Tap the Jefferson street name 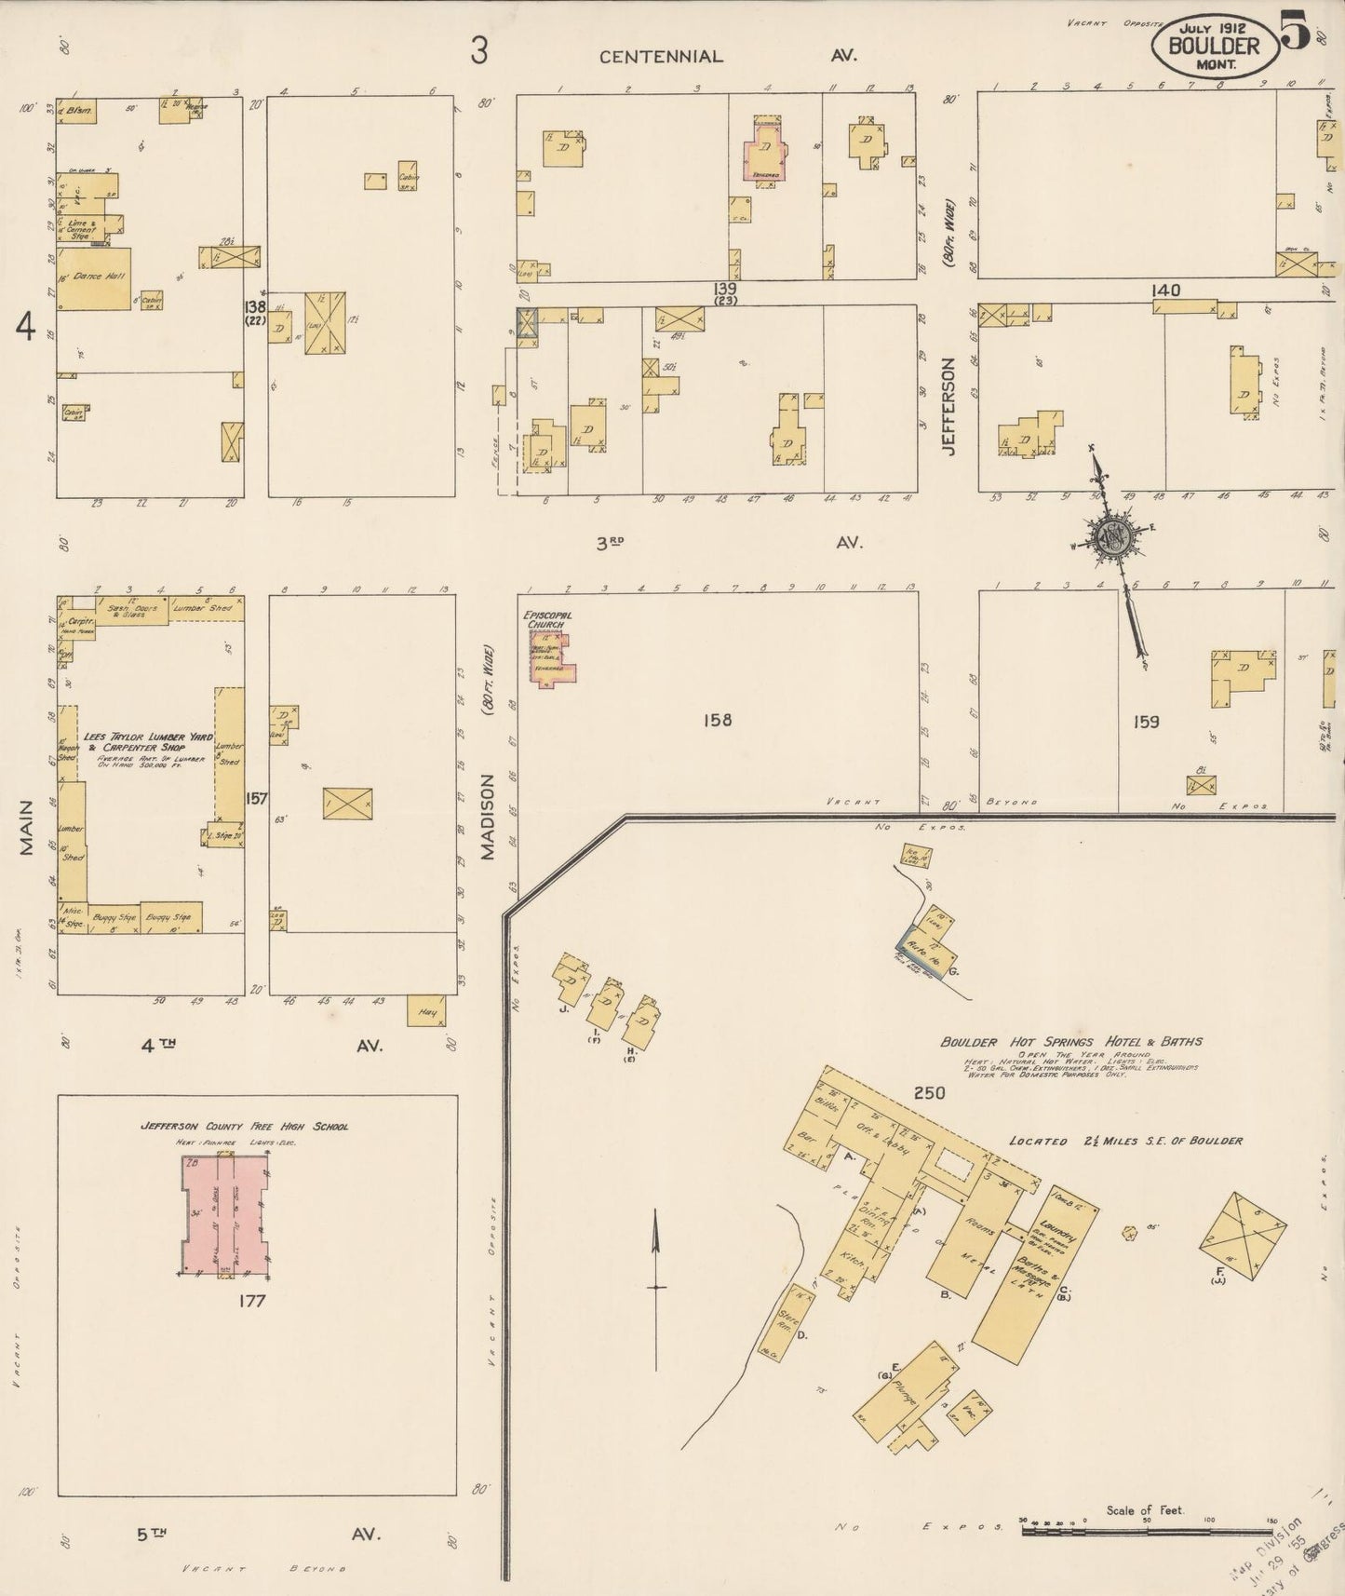948,406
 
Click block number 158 718,720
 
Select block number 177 251,1301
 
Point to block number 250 929,1093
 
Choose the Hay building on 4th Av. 426,1011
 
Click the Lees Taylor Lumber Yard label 148,741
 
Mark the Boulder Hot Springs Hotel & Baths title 1070,1042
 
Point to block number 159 1145,721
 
